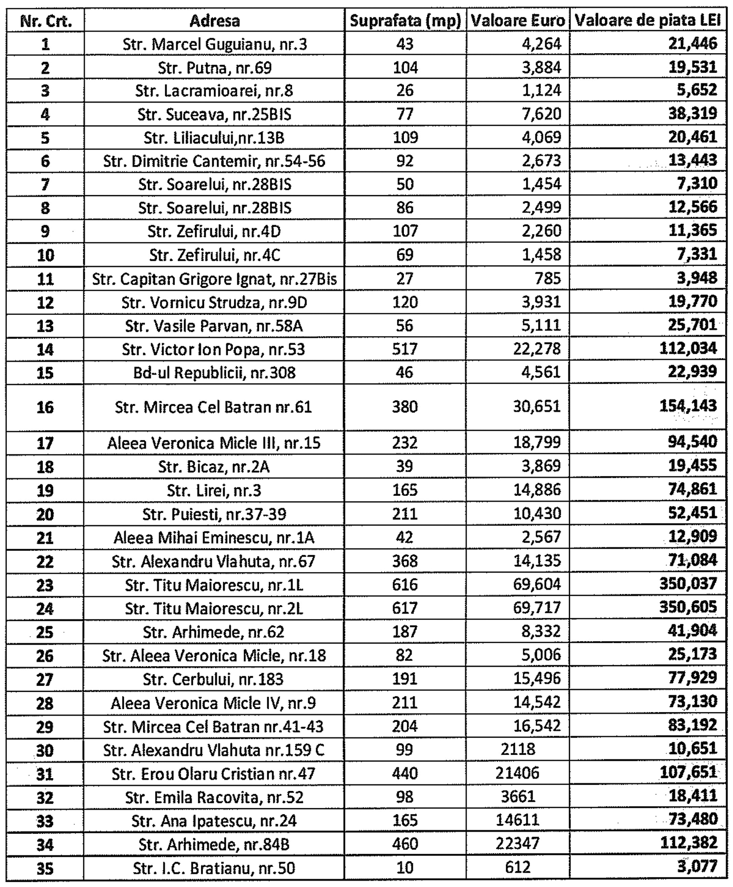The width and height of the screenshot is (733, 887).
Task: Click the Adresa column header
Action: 215,21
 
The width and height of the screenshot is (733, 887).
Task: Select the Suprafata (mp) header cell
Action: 405,21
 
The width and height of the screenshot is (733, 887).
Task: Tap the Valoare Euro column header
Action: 517,21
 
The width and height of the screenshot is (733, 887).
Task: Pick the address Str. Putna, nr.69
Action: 215,68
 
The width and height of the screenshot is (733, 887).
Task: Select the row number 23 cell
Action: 45,585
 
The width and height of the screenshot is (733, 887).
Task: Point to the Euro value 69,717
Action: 536,608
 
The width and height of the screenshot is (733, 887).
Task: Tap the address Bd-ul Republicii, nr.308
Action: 215,373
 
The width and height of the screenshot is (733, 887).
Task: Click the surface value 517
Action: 405,349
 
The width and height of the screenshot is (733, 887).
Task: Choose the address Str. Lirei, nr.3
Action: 215,490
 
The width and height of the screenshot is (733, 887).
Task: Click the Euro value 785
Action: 547,279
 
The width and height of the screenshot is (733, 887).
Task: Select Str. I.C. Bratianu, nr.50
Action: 215,868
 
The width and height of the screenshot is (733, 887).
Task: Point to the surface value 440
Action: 405,774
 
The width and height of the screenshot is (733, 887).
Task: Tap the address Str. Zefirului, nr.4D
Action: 215,232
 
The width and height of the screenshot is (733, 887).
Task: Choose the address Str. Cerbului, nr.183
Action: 215,680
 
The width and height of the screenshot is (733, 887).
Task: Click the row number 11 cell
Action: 45,279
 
